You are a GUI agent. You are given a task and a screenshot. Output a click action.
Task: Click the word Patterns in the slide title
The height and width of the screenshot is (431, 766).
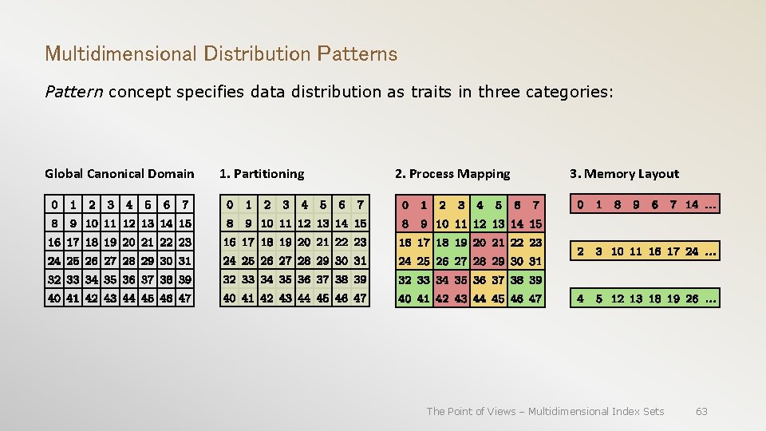(x=357, y=54)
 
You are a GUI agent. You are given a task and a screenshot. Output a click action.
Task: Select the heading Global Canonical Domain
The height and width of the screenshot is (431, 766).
(x=119, y=174)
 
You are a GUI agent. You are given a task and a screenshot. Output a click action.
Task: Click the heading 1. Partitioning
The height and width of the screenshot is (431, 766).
(x=262, y=174)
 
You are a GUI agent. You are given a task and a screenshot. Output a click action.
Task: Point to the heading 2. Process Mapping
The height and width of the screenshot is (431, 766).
(x=452, y=174)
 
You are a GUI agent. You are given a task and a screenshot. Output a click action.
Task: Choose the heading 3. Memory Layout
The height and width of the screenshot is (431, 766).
(x=624, y=174)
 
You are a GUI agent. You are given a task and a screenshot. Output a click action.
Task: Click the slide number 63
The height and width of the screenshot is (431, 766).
(x=701, y=411)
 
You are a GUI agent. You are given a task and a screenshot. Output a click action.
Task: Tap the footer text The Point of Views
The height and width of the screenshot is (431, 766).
(x=472, y=411)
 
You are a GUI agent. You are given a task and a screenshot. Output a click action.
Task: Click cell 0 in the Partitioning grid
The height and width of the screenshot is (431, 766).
(x=230, y=205)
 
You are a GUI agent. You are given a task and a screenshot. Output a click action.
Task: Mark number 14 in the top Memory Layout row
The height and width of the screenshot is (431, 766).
(x=692, y=205)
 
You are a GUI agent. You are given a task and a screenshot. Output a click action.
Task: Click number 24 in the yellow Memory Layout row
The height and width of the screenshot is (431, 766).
(x=692, y=251)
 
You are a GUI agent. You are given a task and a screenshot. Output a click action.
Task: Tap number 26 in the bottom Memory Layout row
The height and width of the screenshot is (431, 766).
(x=692, y=299)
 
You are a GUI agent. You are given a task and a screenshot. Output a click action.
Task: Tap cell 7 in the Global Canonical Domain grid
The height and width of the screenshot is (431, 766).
(x=184, y=205)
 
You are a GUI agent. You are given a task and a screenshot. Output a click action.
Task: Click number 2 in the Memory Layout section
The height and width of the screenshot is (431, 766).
(x=579, y=251)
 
